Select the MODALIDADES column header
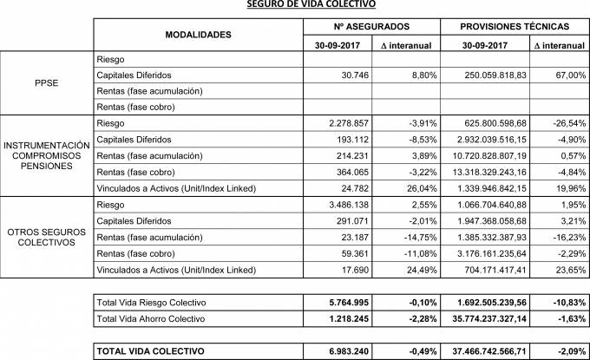[198, 35]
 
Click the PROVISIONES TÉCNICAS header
[515, 27]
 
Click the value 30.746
[348, 75]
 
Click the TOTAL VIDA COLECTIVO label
[153, 350]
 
